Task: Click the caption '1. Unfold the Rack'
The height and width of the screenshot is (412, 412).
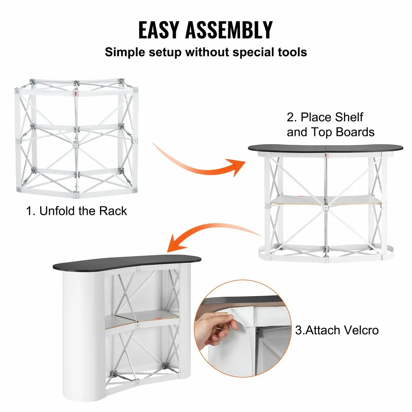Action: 77,210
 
